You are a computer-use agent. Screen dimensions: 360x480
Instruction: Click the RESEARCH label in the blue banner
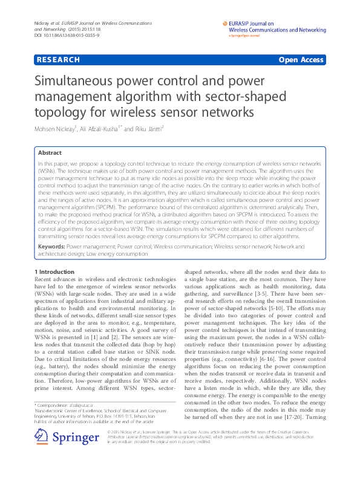[x=58, y=60]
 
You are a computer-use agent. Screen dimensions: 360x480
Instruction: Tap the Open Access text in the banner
[x=301, y=60]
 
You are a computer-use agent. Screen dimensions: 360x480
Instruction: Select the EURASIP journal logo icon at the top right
[x=224, y=24]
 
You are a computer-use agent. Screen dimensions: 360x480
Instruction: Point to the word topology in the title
[x=59, y=112]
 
